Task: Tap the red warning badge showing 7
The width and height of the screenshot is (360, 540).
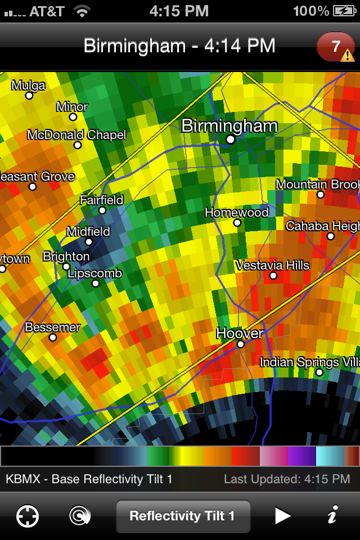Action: click(x=336, y=47)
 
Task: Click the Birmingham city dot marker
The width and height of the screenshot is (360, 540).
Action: click(x=230, y=139)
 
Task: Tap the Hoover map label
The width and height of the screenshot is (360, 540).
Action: click(x=240, y=333)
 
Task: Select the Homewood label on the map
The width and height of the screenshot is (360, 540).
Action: click(x=237, y=213)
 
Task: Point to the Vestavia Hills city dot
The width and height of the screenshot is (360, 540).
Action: click(x=273, y=276)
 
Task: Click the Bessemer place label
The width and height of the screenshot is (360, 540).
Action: click(x=53, y=327)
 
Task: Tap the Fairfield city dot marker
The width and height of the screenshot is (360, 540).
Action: click(x=102, y=210)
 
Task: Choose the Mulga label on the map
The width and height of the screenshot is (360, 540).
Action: click(x=28, y=85)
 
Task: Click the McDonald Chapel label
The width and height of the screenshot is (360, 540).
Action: click(x=77, y=135)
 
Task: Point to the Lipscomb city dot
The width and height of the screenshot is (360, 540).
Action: click(x=96, y=283)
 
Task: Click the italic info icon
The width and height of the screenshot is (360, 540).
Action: click(x=332, y=515)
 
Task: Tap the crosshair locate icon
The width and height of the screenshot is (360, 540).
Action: click(x=27, y=516)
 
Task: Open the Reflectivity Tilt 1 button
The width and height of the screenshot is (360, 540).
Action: click(x=182, y=516)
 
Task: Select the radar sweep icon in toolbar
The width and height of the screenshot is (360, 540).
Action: click(x=80, y=516)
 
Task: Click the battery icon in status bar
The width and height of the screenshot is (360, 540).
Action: click(x=344, y=11)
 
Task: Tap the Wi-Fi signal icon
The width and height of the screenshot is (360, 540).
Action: click(x=82, y=11)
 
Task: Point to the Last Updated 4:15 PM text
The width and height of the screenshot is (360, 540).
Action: click(x=287, y=479)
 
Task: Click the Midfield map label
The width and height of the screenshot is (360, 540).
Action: click(x=88, y=231)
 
